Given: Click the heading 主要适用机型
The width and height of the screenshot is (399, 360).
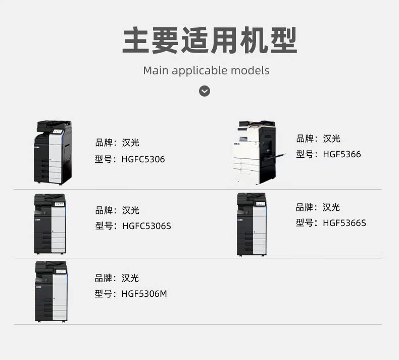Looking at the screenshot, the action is pyautogui.click(x=210, y=40).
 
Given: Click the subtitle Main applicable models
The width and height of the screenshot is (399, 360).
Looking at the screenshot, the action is pyautogui.click(x=206, y=70).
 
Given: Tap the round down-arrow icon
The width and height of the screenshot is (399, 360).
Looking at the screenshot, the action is pyautogui.click(x=204, y=91).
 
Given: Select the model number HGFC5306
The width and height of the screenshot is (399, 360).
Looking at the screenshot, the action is pyautogui.click(x=143, y=159).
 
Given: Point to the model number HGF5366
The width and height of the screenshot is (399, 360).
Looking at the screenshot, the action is pyautogui.click(x=342, y=154).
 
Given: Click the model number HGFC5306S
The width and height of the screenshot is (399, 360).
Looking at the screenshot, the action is pyautogui.click(x=146, y=226).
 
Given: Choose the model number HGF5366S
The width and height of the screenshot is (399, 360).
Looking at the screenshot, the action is pyautogui.click(x=344, y=222).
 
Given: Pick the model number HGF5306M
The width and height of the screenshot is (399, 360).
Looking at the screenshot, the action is pyautogui.click(x=144, y=293).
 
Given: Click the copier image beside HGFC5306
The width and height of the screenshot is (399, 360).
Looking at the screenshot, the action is pyautogui.click(x=53, y=152).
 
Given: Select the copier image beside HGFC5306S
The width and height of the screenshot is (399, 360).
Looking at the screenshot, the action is pyautogui.click(x=49, y=223).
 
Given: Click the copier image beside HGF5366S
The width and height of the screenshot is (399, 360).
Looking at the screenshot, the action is pyautogui.click(x=252, y=223).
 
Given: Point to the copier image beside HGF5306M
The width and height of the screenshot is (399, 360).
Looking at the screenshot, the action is pyautogui.click(x=51, y=291).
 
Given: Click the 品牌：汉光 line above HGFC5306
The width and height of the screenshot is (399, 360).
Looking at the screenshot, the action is pyautogui.click(x=117, y=143).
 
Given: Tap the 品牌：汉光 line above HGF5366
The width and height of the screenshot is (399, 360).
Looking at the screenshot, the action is pyautogui.click(x=318, y=139).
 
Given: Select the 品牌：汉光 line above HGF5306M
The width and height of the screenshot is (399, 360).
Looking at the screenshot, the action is pyautogui.click(x=117, y=278).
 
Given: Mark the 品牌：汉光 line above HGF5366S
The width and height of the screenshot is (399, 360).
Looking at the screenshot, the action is pyautogui.click(x=318, y=207).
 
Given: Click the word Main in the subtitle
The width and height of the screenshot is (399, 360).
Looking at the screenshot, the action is pyautogui.click(x=156, y=70).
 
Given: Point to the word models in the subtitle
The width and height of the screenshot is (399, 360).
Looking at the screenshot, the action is pyautogui.click(x=250, y=70).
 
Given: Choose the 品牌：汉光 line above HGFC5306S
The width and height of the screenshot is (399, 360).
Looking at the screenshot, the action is pyautogui.click(x=117, y=210).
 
